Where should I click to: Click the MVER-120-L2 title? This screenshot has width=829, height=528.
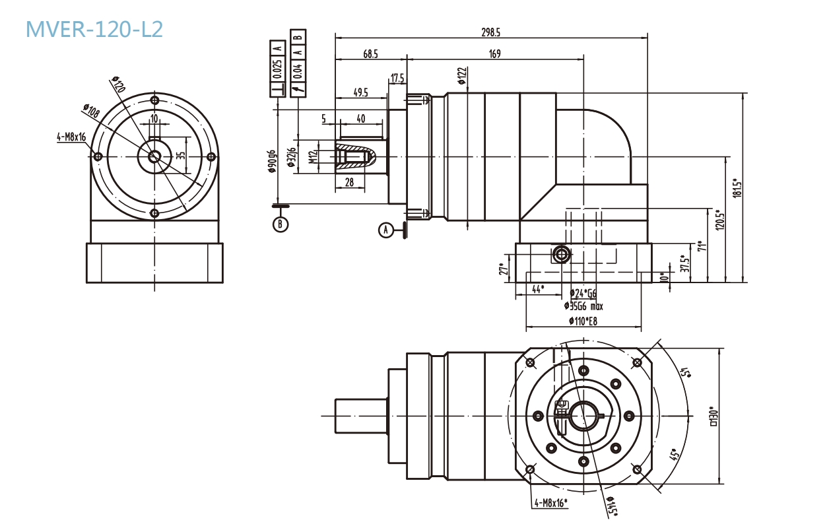[94, 29]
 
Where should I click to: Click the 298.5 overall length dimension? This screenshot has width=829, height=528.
[491, 32]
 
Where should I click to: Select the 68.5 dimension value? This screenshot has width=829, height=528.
[370, 54]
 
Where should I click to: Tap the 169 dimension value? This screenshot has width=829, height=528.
[494, 54]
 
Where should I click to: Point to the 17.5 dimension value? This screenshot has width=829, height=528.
[397, 79]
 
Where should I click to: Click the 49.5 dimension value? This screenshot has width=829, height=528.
[360, 93]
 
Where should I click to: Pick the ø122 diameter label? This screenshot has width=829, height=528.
[462, 76]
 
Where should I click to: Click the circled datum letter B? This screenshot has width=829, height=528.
[281, 224]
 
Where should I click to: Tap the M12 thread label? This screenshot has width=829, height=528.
[314, 157]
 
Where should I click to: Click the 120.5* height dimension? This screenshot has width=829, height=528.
[720, 219]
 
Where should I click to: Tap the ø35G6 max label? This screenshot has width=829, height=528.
[583, 306]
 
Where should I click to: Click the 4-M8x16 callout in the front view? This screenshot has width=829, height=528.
[72, 137]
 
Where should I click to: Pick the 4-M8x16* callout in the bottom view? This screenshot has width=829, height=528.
[551, 503]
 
